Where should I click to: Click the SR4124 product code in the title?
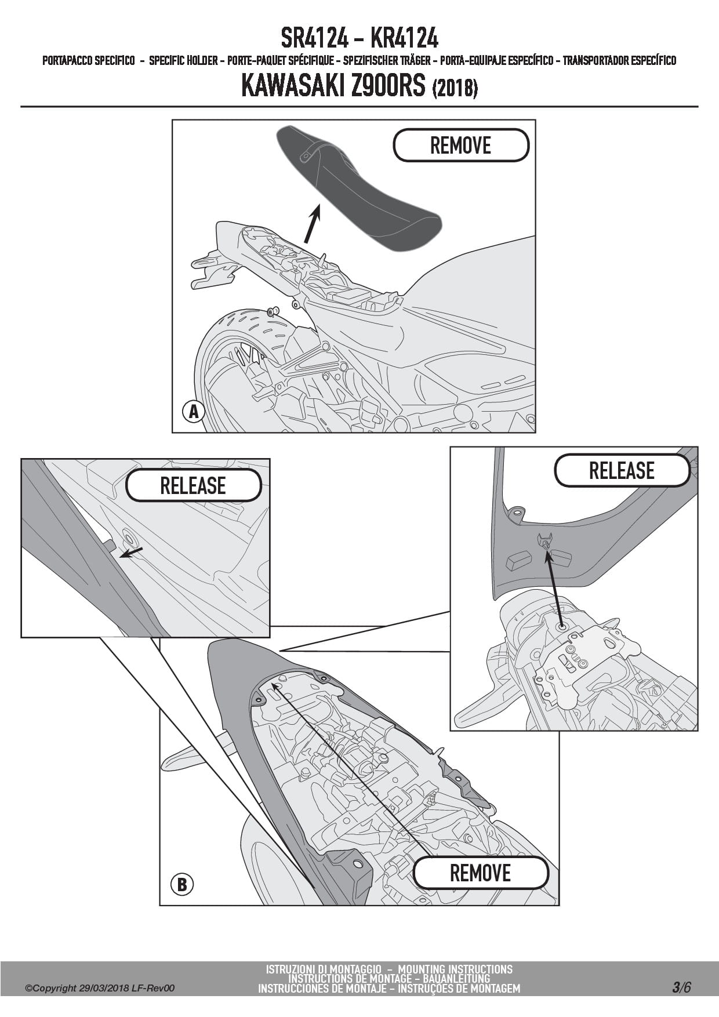coord(314,39)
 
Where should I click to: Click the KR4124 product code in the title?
coord(404,39)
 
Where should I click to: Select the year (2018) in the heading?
coord(455,88)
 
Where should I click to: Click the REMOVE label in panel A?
coord(461,145)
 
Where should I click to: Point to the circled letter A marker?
coord(194,412)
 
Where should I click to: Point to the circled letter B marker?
coord(182,885)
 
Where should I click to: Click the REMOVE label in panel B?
coord(480,873)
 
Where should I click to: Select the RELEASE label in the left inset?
coord(193,485)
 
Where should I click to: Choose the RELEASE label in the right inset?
coord(622,470)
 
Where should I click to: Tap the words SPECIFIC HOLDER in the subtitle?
coord(183,60)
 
